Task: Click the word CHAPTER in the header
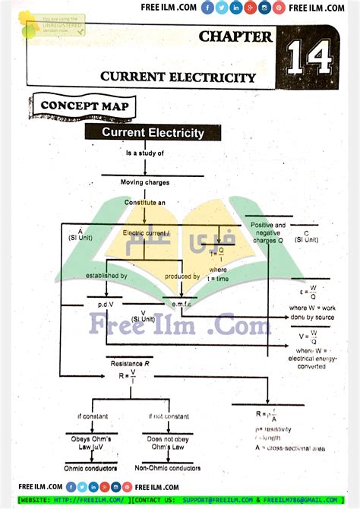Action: (235, 36)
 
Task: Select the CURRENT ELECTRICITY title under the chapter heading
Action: (178, 77)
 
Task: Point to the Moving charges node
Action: (145, 182)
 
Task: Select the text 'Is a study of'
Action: (144, 153)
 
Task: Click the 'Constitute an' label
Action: (145, 203)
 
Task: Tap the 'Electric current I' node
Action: (147, 232)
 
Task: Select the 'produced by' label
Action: (182, 276)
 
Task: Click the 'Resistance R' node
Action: (131, 364)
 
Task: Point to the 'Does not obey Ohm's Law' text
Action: (166, 444)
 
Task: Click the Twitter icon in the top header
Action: (221, 8)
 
